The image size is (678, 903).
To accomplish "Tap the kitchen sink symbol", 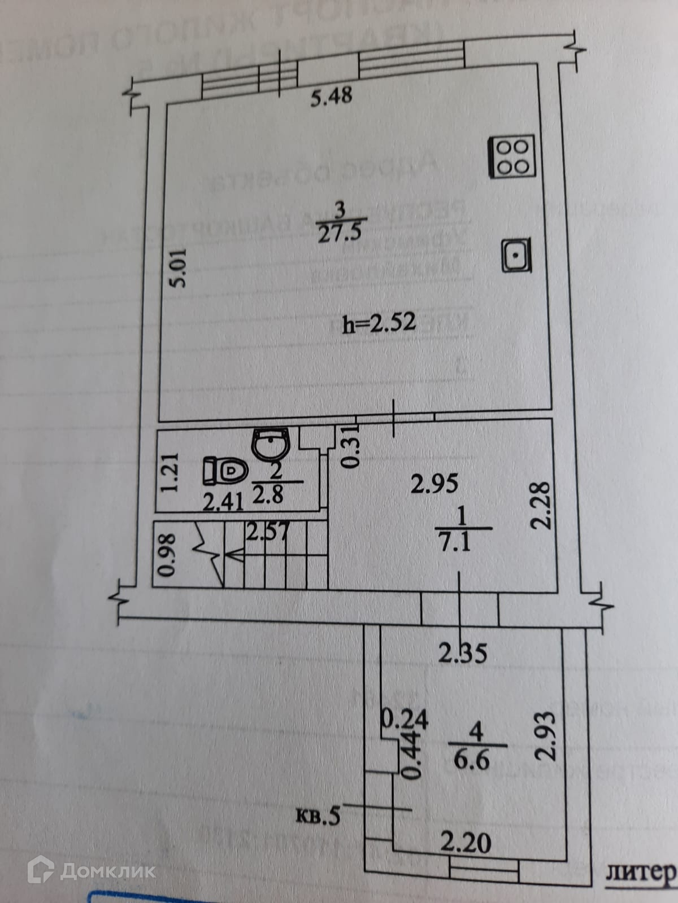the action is pyautogui.click(x=516, y=256).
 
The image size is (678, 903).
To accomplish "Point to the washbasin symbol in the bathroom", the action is pyautogui.click(x=271, y=444).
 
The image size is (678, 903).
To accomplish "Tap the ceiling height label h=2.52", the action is pyautogui.click(x=379, y=323).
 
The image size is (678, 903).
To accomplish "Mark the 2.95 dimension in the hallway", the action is pyautogui.click(x=434, y=484).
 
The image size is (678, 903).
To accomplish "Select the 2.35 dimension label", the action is pyautogui.click(x=463, y=654).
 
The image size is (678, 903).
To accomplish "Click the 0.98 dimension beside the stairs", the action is pyautogui.click(x=167, y=554).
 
